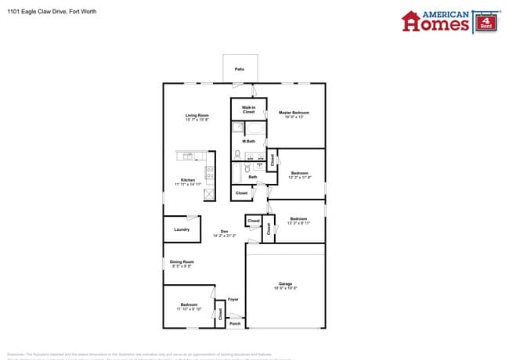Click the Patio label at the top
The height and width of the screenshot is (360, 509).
239,70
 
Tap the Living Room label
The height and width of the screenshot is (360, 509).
197,115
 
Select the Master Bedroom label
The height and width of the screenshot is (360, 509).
294,113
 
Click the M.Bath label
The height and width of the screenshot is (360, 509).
249,141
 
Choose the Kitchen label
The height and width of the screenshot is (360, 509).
188,180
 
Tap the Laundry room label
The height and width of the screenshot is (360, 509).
181,229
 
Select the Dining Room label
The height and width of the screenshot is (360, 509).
182,261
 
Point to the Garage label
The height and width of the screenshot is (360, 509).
285,283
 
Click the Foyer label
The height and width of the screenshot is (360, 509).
233,299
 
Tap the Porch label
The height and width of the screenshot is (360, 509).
234,322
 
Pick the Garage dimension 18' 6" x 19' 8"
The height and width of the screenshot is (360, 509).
285,289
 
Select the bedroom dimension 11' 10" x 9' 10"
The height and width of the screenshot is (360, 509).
189,309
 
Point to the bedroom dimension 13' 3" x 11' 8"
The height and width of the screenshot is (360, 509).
299,178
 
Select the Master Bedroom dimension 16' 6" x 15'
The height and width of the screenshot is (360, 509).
294,117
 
